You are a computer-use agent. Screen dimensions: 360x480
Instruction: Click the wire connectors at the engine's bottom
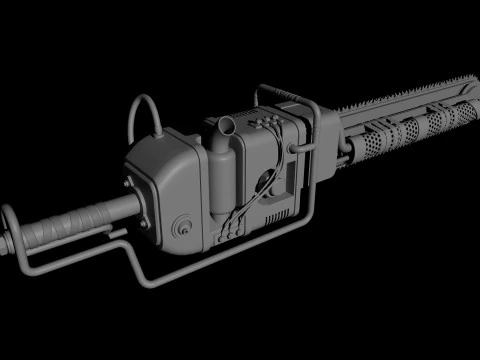click(x=229, y=232)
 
